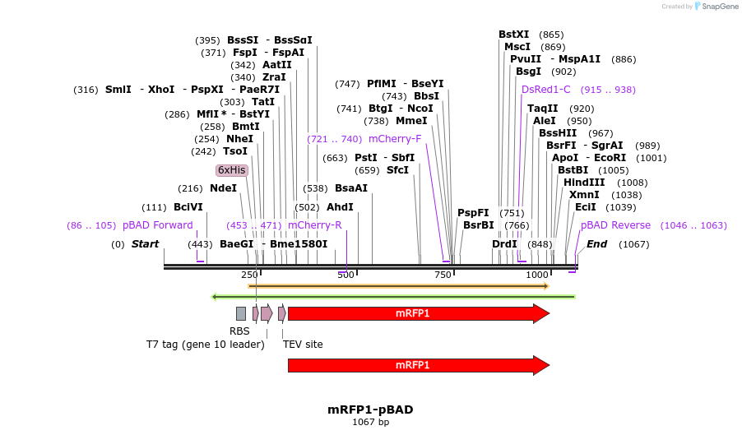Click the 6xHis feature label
(x=231, y=170)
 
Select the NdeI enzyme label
(x=223, y=188)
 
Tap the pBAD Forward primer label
(x=157, y=225)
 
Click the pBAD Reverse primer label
(x=615, y=225)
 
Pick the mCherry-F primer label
(x=395, y=139)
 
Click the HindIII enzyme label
(x=584, y=183)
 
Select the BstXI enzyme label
(x=514, y=35)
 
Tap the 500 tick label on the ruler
(x=345, y=275)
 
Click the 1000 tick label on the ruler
(x=537, y=275)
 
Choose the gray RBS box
(x=241, y=313)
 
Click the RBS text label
(x=239, y=331)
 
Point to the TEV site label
(x=303, y=345)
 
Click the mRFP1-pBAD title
(x=370, y=410)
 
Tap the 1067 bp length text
(x=370, y=423)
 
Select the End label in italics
(x=596, y=244)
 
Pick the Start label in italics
(x=145, y=244)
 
